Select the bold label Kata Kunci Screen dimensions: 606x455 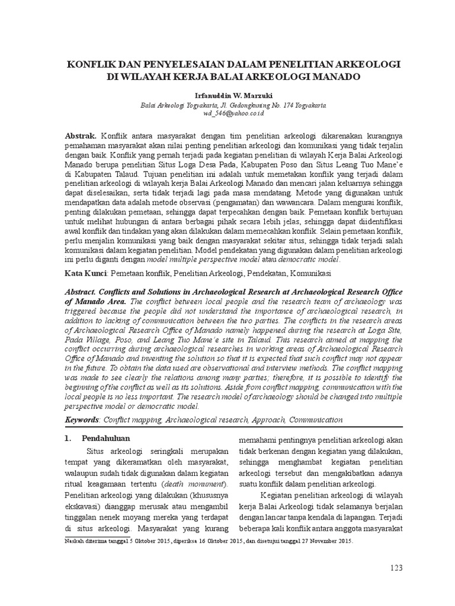pyautogui.click(x=85, y=274)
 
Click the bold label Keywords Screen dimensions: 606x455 pyautogui.click(x=82, y=420)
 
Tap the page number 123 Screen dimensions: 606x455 pyautogui.click(x=396, y=568)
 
